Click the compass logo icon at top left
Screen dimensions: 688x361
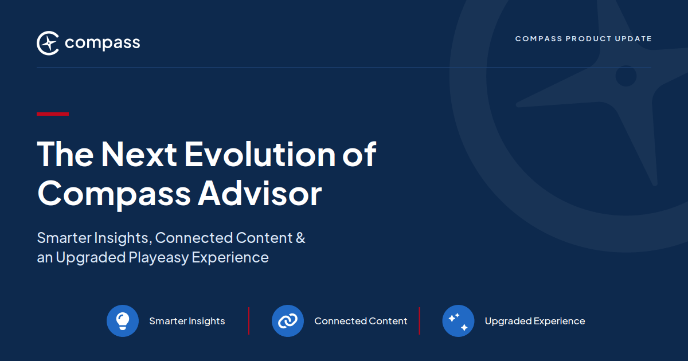click(48, 43)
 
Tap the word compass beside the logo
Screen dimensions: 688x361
click(102, 44)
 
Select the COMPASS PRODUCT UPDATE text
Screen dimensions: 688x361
click(583, 39)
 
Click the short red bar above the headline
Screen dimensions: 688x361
click(53, 114)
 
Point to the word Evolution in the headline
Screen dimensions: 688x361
click(260, 154)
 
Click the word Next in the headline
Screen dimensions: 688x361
click(139, 154)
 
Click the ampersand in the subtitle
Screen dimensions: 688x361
click(300, 238)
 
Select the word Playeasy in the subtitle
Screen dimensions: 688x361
click(158, 258)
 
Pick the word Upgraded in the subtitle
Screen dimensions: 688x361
click(91, 258)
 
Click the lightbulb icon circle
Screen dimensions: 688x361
click(123, 321)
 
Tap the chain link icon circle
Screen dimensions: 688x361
click(288, 321)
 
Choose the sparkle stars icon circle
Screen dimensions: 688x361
click(458, 321)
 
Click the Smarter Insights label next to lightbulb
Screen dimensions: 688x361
click(187, 321)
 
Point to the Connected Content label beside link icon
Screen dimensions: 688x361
click(361, 321)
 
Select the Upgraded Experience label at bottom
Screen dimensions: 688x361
click(535, 321)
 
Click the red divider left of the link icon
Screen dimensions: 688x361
click(249, 321)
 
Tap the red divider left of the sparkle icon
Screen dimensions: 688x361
click(419, 321)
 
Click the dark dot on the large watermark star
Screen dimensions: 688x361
click(626, 76)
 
